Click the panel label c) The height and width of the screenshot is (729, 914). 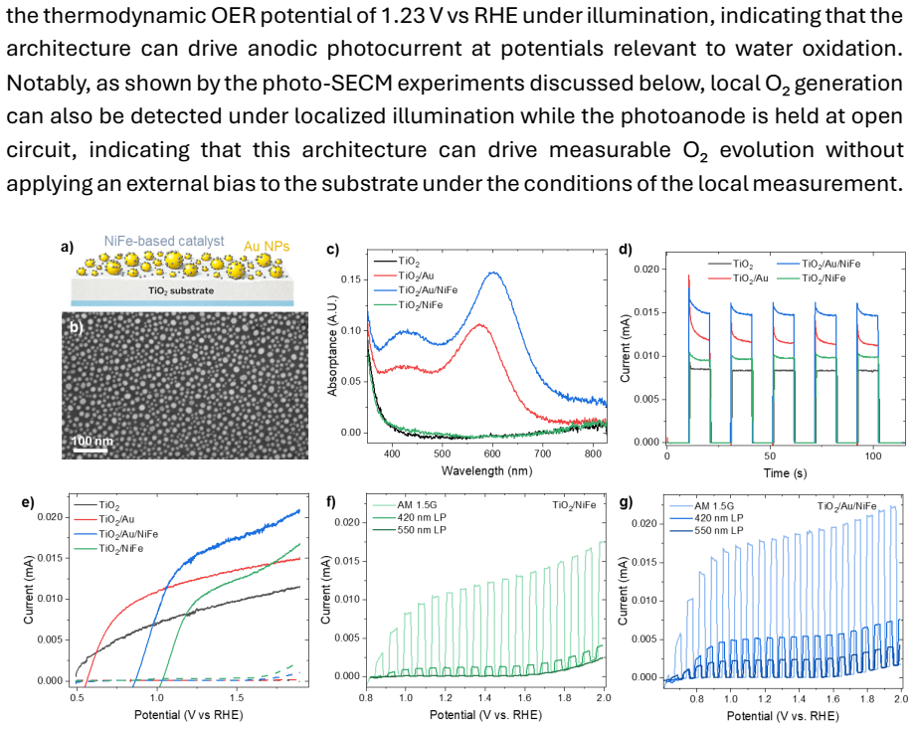[332, 250]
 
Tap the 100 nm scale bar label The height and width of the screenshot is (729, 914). [92, 441]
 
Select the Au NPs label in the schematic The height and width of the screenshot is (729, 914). [267, 247]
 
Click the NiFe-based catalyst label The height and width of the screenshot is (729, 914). [164, 242]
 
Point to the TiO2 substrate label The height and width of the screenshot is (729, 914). [181, 290]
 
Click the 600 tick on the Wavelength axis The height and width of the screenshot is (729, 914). [492, 454]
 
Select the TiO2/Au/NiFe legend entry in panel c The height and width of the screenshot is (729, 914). [428, 290]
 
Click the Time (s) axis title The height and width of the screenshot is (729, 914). [785, 472]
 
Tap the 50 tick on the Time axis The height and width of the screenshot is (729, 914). [770, 456]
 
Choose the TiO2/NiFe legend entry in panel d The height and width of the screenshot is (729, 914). [823, 278]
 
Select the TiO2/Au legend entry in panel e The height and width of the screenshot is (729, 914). [116, 519]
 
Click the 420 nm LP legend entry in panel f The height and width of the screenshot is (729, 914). [422, 517]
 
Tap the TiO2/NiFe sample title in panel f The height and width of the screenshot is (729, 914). [574, 505]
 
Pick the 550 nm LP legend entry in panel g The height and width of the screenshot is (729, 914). [719, 530]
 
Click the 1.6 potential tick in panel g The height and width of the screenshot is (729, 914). [833, 699]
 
